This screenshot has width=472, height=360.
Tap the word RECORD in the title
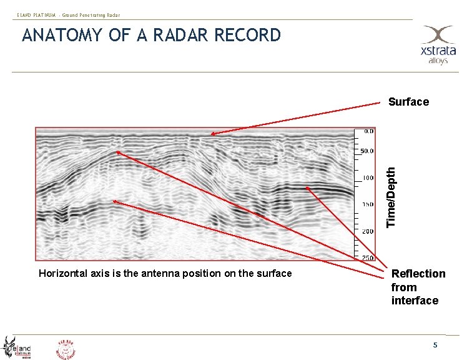tap(247, 36)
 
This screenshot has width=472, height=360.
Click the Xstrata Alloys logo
tap(436, 45)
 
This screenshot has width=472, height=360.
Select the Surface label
tap(408, 102)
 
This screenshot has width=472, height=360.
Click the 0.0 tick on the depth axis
tap(368, 132)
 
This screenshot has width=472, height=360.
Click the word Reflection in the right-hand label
tap(418, 274)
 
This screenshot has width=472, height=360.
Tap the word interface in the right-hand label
tap(415, 301)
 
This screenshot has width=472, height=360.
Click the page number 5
tap(436, 346)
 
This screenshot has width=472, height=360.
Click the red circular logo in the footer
tap(67, 348)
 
